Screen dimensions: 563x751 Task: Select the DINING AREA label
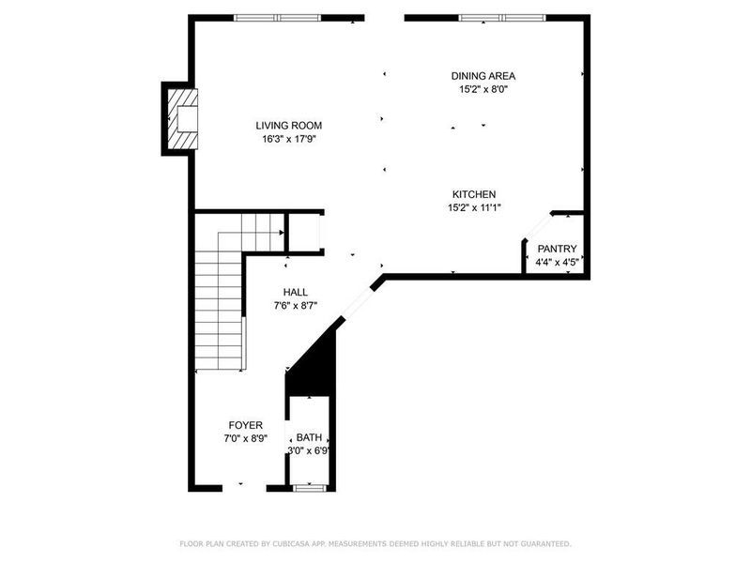click(x=483, y=76)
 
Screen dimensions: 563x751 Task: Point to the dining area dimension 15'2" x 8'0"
click(x=483, y=90)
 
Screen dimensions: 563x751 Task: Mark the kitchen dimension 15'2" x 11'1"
click(x=474, y=208)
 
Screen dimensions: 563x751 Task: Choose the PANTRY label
click(x=557, y=249)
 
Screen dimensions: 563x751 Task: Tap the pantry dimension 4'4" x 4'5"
click(x=557, y=263)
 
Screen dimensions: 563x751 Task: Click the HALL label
click(x=296, y=292)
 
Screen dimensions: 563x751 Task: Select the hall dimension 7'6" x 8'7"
click(x=296, y=306)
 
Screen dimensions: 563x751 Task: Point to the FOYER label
click(x=244, y=425)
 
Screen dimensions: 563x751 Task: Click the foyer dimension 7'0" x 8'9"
click(x=244, y=438)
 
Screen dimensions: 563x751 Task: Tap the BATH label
click(x=308, y=437)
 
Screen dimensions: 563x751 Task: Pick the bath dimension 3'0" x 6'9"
click(x=308, y=450)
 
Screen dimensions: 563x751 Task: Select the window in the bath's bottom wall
click(x=308, y=488)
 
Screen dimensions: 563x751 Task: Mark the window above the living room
click(x=277, y=17)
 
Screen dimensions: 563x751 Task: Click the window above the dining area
click(x=501, y=17)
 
